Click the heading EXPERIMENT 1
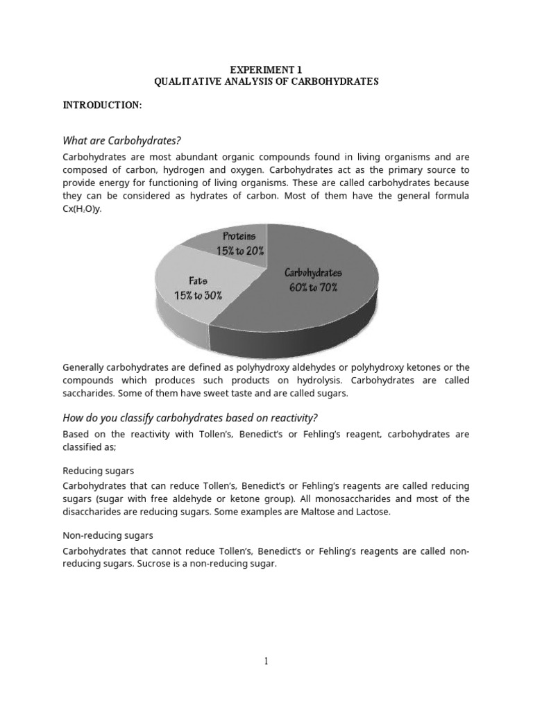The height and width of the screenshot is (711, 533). (x=266, y=69)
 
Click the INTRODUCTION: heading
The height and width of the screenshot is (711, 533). (x=102, y=105)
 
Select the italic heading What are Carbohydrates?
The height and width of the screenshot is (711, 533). (x=126, y=141)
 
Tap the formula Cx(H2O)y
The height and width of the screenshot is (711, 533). (x=82, y=210)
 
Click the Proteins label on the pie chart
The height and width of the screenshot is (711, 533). (x=239, y=237)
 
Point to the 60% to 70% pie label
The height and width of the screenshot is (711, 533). (x=313, y=287)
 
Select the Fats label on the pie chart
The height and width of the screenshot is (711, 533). (x=198, y=281)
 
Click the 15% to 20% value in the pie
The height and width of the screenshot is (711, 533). (x=239, y=251)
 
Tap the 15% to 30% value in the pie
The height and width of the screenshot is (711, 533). (x=198, y=295)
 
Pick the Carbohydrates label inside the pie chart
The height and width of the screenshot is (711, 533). (x=313, y=273)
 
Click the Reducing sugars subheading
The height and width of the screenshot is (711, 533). (x=98, y=471)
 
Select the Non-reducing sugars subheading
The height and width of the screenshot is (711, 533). (x=108, y=536)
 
